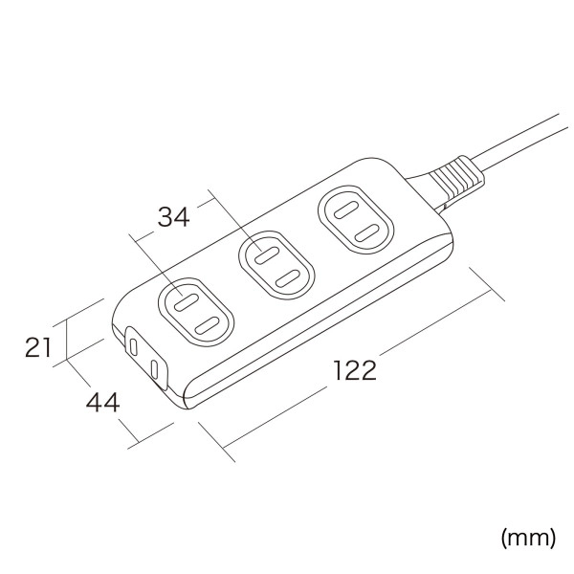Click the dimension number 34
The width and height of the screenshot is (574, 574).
pos(173,217)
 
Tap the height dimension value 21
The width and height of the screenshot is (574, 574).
pos(37,347)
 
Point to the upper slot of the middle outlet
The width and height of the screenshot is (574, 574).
pos(263,254)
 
